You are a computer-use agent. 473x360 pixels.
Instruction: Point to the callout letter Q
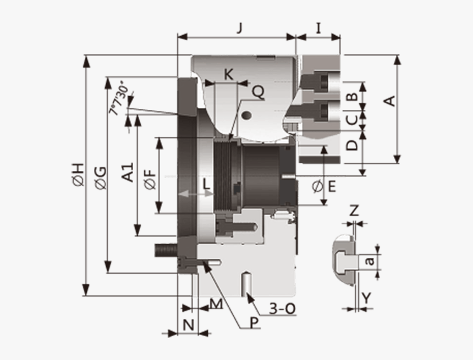257,92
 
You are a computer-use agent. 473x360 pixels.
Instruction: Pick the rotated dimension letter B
353,96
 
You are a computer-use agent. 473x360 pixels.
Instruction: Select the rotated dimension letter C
353,118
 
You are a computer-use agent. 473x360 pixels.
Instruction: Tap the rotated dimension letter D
353,144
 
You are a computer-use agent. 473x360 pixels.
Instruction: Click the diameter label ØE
324,187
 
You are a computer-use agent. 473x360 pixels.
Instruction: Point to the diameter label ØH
78,174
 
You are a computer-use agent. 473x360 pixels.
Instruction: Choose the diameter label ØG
100,178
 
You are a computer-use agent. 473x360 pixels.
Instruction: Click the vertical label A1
128,171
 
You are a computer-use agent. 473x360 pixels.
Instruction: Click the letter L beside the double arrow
207,185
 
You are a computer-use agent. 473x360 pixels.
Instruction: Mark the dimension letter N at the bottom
188,325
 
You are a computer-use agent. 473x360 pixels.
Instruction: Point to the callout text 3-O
282,309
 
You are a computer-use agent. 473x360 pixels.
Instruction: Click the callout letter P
254,323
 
